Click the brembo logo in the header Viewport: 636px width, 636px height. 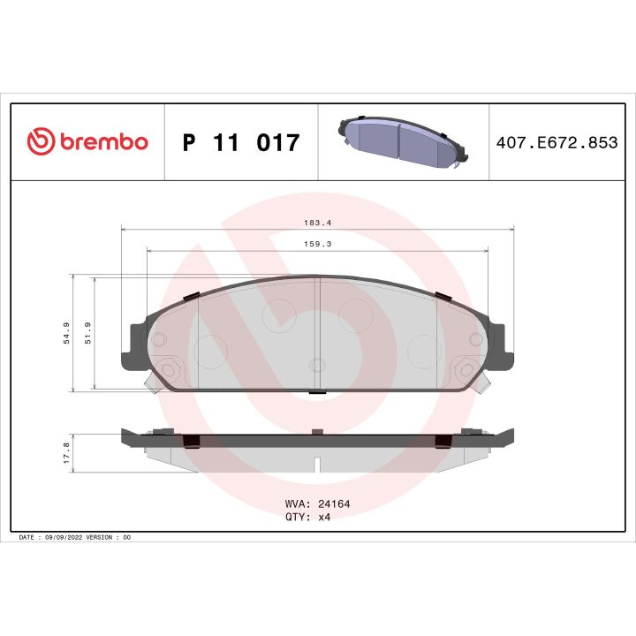(x=87, y=141)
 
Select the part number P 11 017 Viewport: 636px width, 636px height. (x=240, y=142)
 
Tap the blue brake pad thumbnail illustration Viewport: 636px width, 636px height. (x=401, y=141)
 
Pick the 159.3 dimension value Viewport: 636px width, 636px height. (x=317, y=246)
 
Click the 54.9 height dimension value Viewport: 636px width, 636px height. (x=66, y=333)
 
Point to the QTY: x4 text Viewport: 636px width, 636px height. (x=306, y=518)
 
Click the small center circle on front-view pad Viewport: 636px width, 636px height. (x=318, y=364)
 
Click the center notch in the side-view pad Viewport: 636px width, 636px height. (x=317, y=462)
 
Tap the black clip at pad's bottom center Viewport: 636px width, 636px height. (x=317, y=391)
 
